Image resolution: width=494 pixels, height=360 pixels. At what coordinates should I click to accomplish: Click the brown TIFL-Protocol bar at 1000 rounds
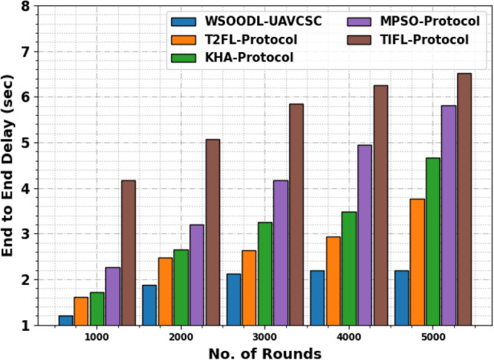point(129,253)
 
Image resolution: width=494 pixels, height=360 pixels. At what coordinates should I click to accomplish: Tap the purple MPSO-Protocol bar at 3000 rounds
point(281,253)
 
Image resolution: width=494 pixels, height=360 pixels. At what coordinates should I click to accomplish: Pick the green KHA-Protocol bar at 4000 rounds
point(348,268)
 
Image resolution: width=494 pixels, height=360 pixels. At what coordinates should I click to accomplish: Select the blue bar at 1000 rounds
point(66,320)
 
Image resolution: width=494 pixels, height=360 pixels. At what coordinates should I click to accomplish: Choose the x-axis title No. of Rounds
point(265,352)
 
